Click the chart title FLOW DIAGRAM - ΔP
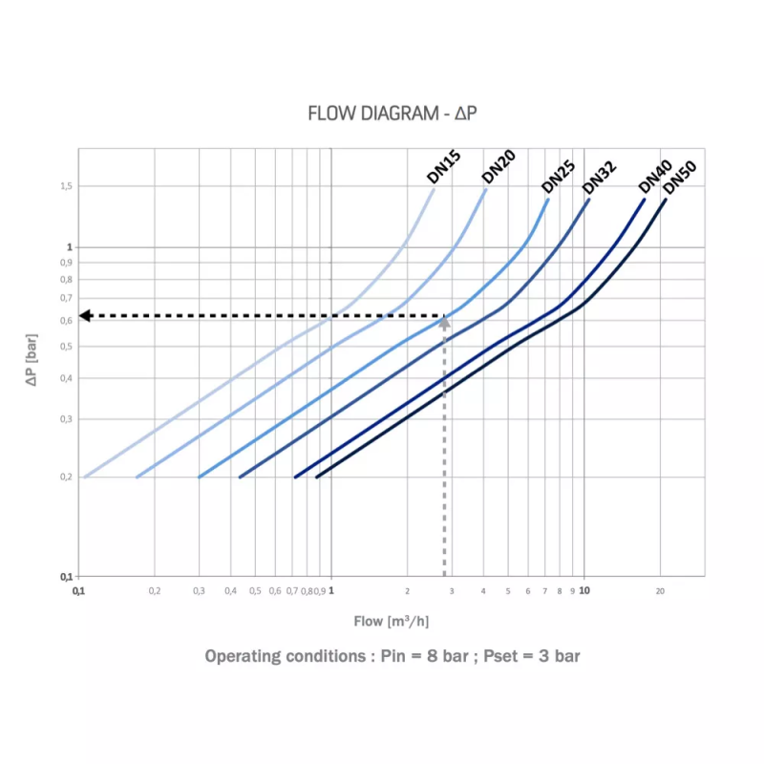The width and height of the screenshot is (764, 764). [392, 114]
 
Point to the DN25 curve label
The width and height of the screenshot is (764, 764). [558, 174]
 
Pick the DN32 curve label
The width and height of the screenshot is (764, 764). [599, 177]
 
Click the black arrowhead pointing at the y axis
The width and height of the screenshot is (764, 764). [84, 315]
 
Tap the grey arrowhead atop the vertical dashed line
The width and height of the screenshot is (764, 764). [444, 322]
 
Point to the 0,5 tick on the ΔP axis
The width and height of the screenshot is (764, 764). [65, 347]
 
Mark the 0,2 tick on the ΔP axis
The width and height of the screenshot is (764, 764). [65, 477]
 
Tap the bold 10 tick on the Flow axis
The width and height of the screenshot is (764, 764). [584, 591]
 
